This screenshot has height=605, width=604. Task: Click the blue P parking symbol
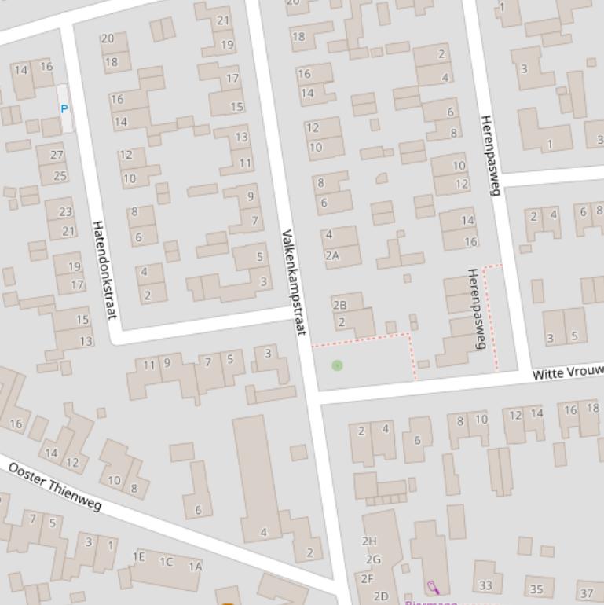(64, 109)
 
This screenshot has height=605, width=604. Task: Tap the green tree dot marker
(337, 365)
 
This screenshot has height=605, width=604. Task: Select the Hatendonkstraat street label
(104, 269)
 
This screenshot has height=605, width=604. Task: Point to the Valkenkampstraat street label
(292, 283)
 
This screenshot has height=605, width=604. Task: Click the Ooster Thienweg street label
(55, 487)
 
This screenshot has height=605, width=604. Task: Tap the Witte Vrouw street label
(567, 372)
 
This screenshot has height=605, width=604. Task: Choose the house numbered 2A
(332, 255)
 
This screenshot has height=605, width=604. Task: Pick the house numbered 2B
(339, 305)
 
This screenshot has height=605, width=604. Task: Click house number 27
(57, 155)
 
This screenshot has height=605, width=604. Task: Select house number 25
(60, 175)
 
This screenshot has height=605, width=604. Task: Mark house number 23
(65, 211)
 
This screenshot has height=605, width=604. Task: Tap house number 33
(485, 585)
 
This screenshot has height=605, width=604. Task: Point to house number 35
(536, 588)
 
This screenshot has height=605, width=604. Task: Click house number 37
(586, 592)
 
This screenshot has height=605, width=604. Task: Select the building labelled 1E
(139, 556)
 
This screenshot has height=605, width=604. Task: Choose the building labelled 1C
(167, 561)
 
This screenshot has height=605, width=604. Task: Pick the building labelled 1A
(195, 566)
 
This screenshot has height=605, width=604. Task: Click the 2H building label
(369, 541)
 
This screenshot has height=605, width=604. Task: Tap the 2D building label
(381, 596)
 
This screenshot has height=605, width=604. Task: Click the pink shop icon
(432, 587)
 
